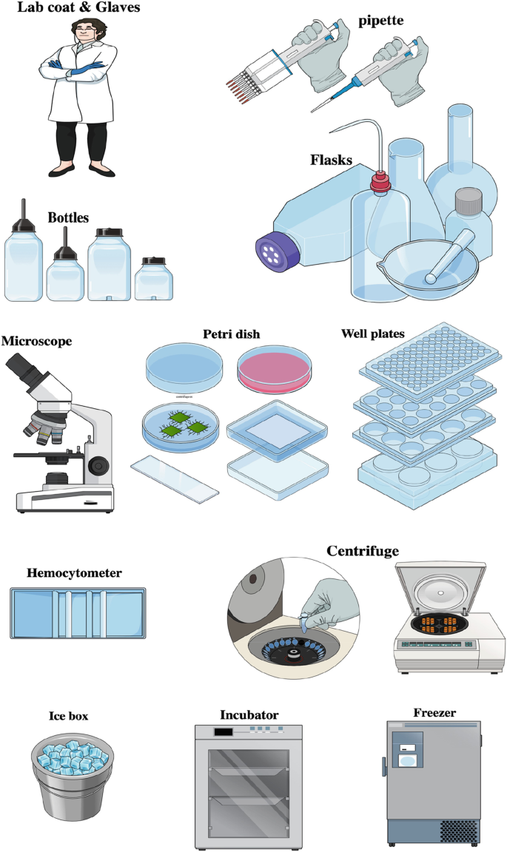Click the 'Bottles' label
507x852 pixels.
(x=68, y=218)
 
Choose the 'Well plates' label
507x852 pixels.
(x=372, y=334)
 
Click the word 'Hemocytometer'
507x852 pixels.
(x=74, y=572)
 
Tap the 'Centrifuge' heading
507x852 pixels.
(x=363, y=551)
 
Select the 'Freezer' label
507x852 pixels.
(x=435, y=713)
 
